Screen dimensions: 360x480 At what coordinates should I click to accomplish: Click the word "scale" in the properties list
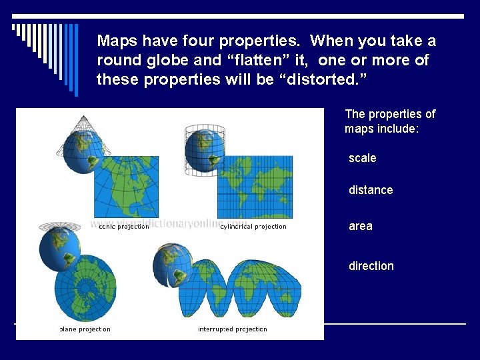coord(362,158)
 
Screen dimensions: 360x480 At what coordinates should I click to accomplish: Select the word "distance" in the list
coord(371,190)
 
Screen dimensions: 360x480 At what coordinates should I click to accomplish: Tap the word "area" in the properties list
coord(361,226)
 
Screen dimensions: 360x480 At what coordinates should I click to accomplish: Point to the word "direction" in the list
coord(371,266)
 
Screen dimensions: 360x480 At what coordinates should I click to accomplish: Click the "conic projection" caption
coord(123,227)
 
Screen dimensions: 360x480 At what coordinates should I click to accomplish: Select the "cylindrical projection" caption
coord(253,227)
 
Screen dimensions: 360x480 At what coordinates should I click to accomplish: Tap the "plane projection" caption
coord(85,329)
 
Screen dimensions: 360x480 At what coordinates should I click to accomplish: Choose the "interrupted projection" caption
coord(233,329)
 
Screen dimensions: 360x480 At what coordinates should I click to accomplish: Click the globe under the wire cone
coord(79,151)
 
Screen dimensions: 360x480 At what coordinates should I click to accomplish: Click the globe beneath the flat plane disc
coord(60,249)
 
